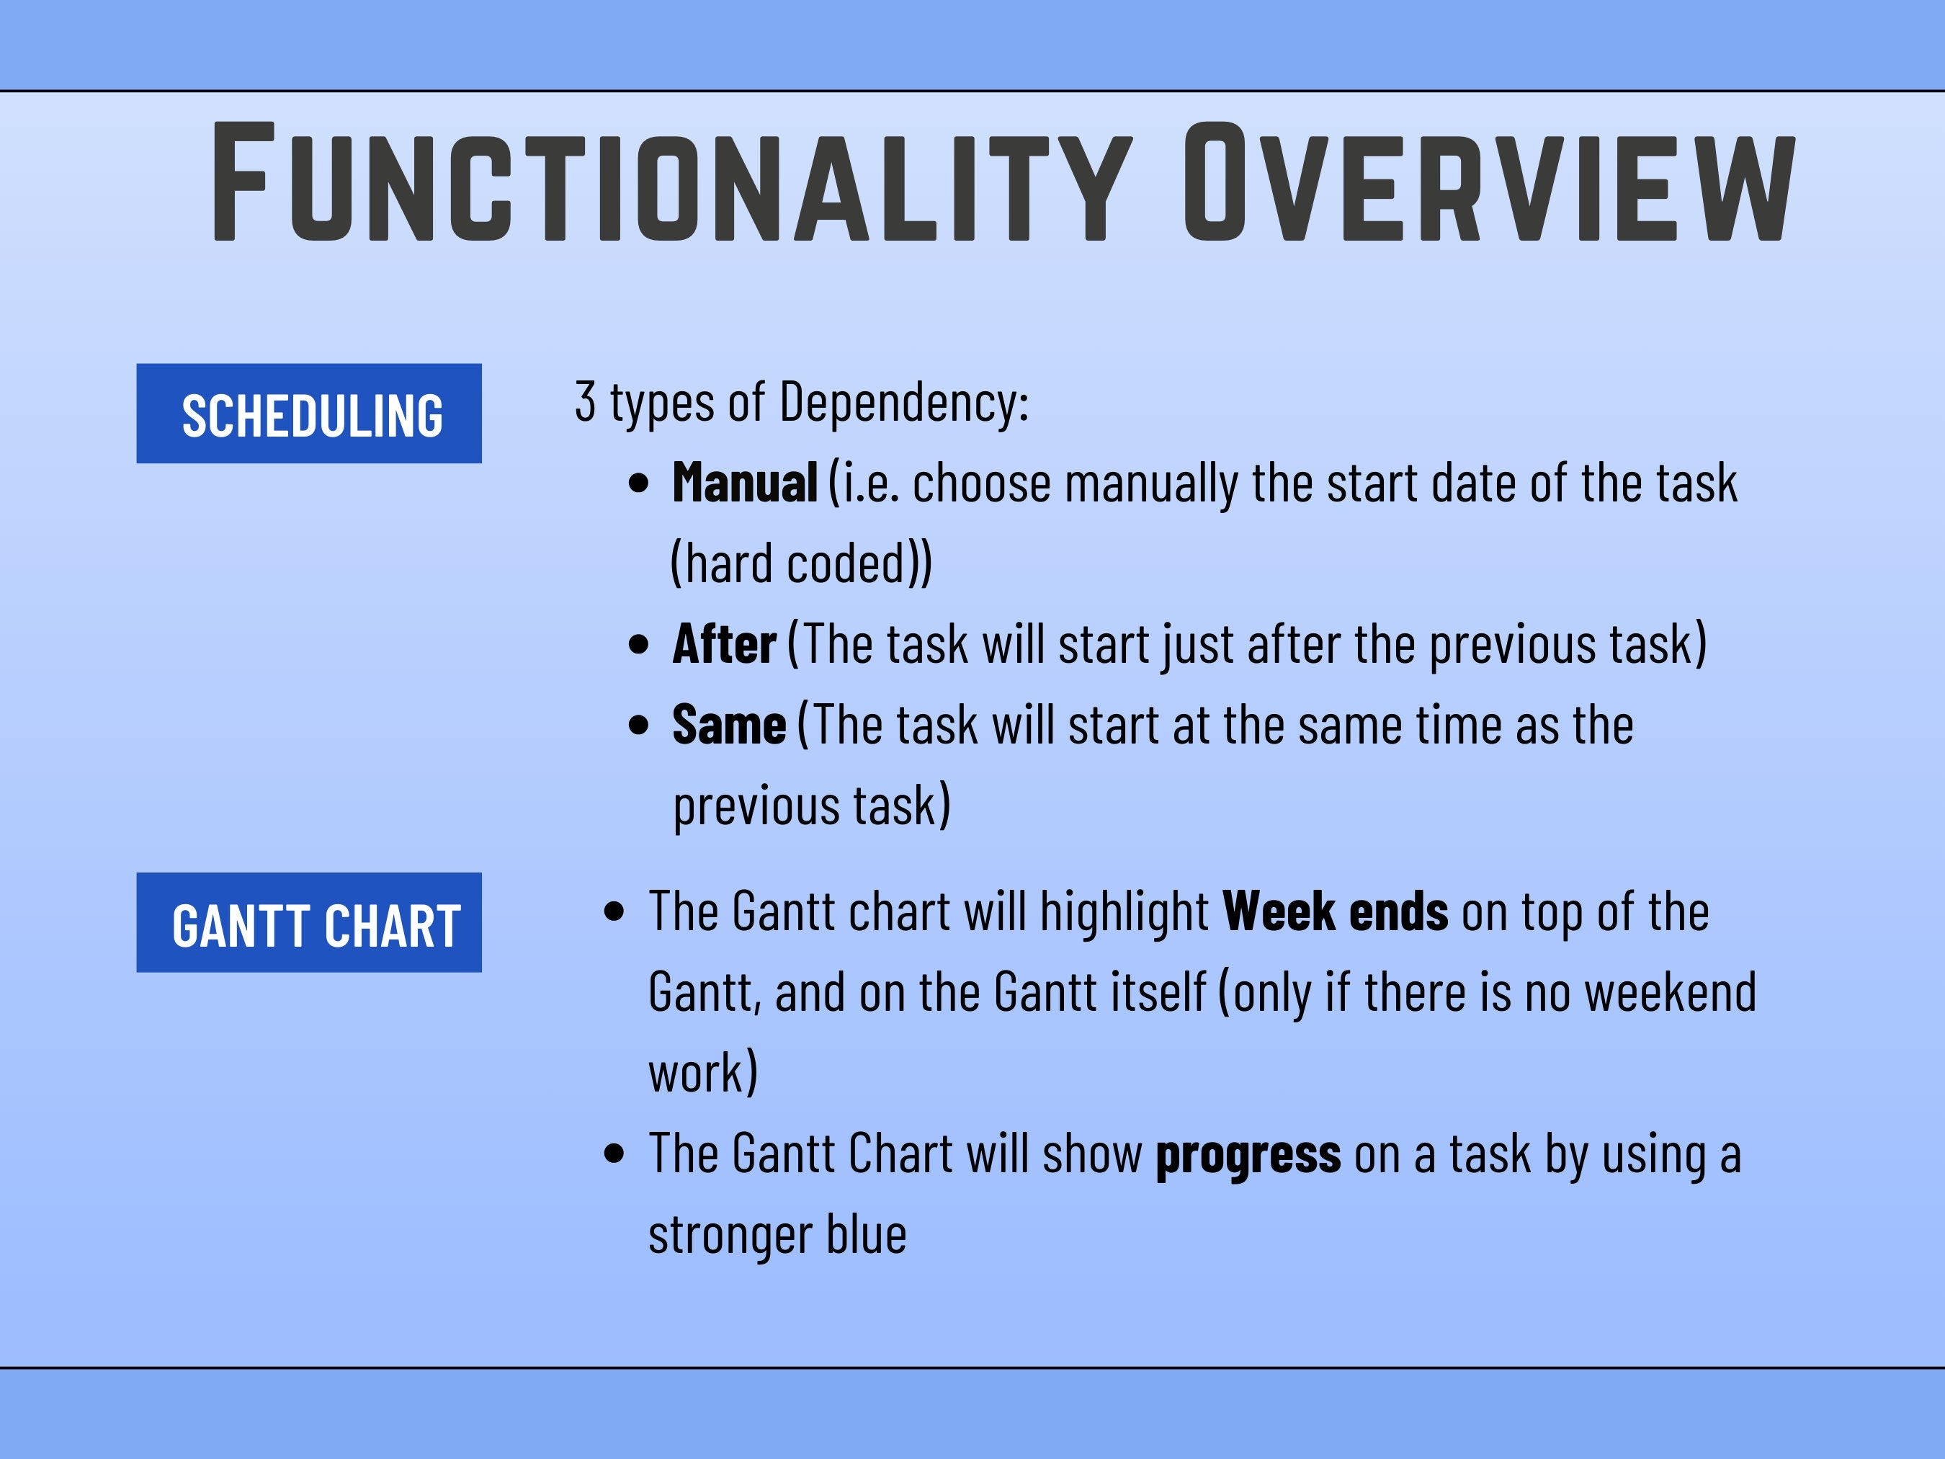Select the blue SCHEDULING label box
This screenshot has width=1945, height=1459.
308,414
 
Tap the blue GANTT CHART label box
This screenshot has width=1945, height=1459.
308,922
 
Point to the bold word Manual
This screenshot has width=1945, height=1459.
745,483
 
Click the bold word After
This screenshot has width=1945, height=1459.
724,643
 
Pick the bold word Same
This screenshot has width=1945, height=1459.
729,725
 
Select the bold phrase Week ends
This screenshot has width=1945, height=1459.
1335,911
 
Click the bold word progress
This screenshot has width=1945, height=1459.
1248,1156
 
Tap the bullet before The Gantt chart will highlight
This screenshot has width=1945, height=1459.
615,912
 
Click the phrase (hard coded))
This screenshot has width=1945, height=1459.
801,563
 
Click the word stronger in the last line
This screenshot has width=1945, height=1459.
730,1236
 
